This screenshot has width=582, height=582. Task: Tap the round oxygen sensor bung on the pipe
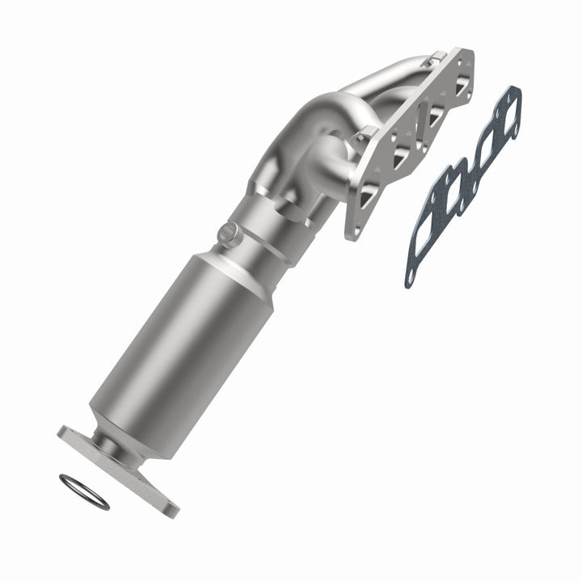coord(229,234)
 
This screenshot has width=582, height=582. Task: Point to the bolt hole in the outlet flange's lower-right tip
coord(167,506)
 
